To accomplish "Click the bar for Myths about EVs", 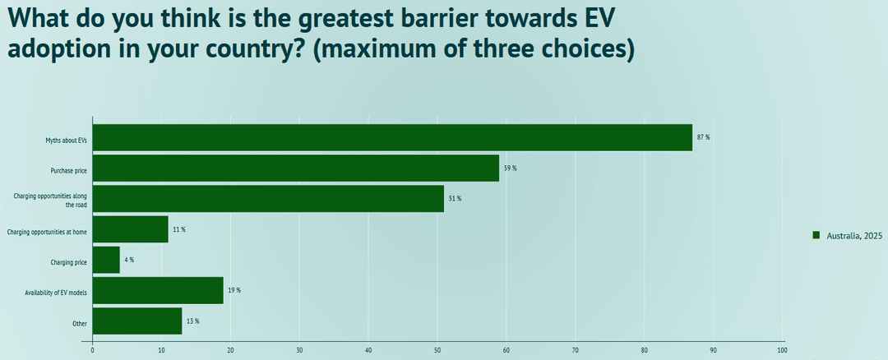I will point(392,137).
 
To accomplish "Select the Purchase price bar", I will point(296,168).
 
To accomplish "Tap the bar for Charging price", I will point(106,260).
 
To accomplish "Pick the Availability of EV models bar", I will point(158,290).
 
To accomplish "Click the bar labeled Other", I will point(137,321).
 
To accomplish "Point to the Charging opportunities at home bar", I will point(130,229).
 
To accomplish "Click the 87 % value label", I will point(703,137).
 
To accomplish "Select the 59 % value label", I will point(510,168).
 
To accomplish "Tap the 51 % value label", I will point(455,199).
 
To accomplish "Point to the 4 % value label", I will point(129,260).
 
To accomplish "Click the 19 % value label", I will point(234,290).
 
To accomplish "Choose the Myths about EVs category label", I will point(66,141).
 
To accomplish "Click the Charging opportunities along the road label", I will point(50,200).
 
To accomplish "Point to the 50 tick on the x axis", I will point(437,350).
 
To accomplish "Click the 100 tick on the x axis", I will point(782,350).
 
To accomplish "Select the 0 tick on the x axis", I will point(93,350).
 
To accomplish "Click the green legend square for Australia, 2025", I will point(816,235).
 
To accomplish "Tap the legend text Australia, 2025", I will point(855,236).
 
